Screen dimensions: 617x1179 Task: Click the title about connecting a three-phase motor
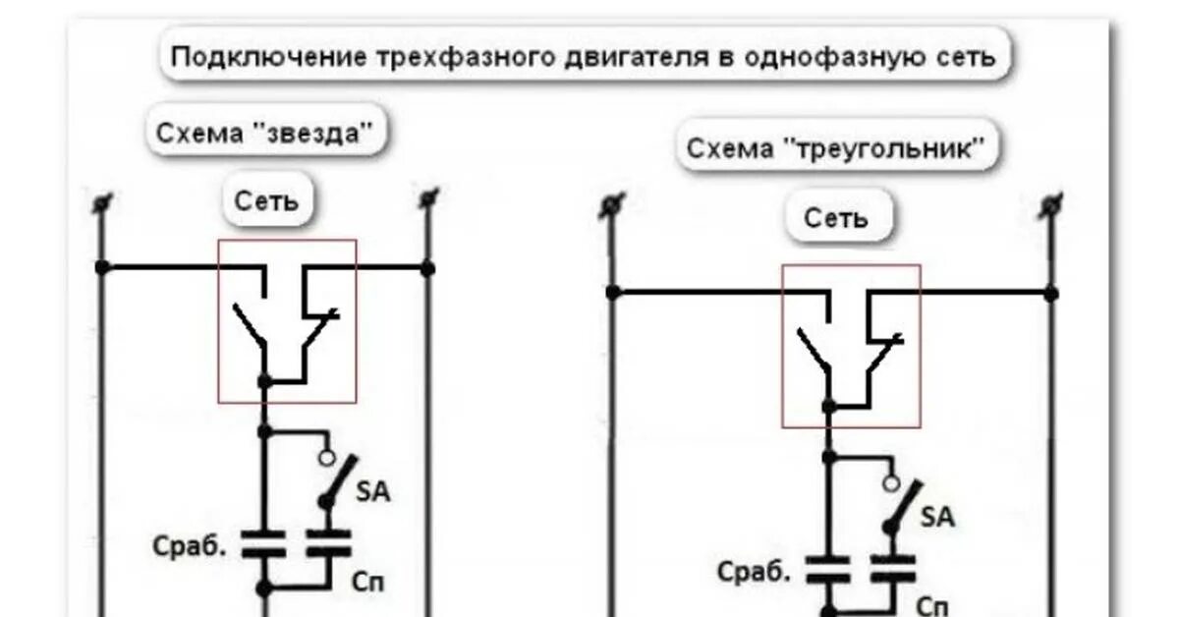pos(584,56)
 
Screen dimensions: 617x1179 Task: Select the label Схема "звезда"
pos(265,133)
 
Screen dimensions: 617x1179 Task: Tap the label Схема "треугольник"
pos(835,149)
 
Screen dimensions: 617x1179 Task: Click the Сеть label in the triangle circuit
pos(836,217)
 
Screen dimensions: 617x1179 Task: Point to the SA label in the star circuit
pos(371,491)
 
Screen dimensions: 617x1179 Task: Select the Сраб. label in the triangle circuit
pos(754,570)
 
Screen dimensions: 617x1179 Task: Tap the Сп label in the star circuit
pos(368,582)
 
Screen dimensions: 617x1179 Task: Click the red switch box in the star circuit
pos(287,320)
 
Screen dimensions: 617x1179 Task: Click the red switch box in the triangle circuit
pos(851,345)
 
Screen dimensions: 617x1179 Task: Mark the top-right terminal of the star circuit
pos(427,199)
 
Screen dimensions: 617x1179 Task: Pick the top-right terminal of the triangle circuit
pos(1050,205)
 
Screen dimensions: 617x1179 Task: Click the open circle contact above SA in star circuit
pos(327,459)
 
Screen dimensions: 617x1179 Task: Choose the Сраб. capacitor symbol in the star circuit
pos(262,544)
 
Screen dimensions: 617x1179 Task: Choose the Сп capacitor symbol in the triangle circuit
pos(892,566)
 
